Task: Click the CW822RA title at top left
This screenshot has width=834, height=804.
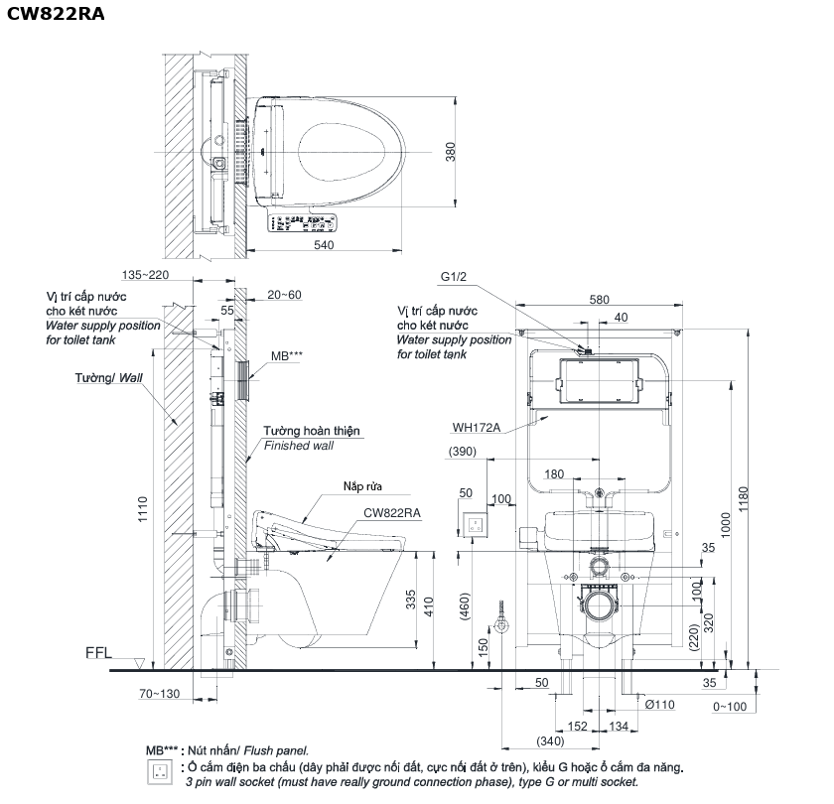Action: point(56,14)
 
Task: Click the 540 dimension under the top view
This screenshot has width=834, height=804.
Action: point(324,244)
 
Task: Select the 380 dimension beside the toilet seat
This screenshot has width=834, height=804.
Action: point(451,152)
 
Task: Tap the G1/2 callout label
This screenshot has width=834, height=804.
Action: point(453,277)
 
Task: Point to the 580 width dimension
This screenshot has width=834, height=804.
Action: point(599,300)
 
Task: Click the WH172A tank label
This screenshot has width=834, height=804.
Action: point(476,427)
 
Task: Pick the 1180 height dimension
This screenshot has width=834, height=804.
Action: point(743,499)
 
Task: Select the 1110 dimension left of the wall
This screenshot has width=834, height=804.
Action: point(143,509)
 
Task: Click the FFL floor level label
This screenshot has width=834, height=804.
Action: point(98,653)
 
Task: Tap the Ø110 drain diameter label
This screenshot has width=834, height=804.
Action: point(659,705)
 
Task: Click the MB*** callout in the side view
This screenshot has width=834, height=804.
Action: point(287,356)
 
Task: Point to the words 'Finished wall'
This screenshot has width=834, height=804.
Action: point(299,446)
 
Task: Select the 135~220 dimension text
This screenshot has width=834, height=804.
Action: point(145,275)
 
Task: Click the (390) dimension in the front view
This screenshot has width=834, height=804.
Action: point(463,452)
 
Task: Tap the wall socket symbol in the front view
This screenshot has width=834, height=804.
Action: point(474,525)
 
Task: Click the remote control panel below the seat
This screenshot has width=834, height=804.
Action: point(302,222)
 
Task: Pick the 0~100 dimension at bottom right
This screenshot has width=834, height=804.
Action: point(730,707)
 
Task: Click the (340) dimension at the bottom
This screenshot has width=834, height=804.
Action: point(550,740)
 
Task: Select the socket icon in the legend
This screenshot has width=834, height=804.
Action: point(160,772)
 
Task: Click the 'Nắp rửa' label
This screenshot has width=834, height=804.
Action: point(362,486)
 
